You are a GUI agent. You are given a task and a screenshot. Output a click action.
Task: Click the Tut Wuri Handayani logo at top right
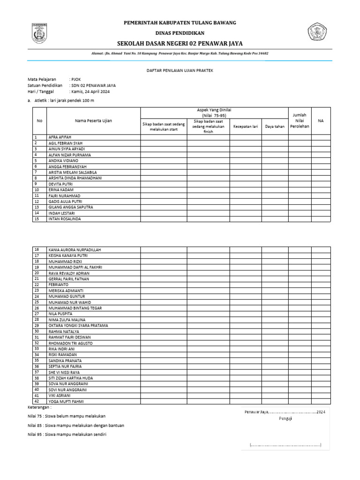point(319,33)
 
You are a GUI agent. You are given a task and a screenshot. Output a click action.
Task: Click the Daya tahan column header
point(275,127)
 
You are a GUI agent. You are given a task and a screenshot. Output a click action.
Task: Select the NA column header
point(321,120)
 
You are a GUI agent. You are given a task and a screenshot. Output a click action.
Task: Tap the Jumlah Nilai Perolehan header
point(300,120)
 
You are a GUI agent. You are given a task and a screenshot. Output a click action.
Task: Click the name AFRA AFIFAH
point(59,137)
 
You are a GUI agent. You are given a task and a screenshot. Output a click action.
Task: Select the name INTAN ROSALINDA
point(64,219)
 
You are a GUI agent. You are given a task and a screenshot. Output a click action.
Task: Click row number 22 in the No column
point(37,285)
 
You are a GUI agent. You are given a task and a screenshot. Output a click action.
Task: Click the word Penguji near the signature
point(285,419)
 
